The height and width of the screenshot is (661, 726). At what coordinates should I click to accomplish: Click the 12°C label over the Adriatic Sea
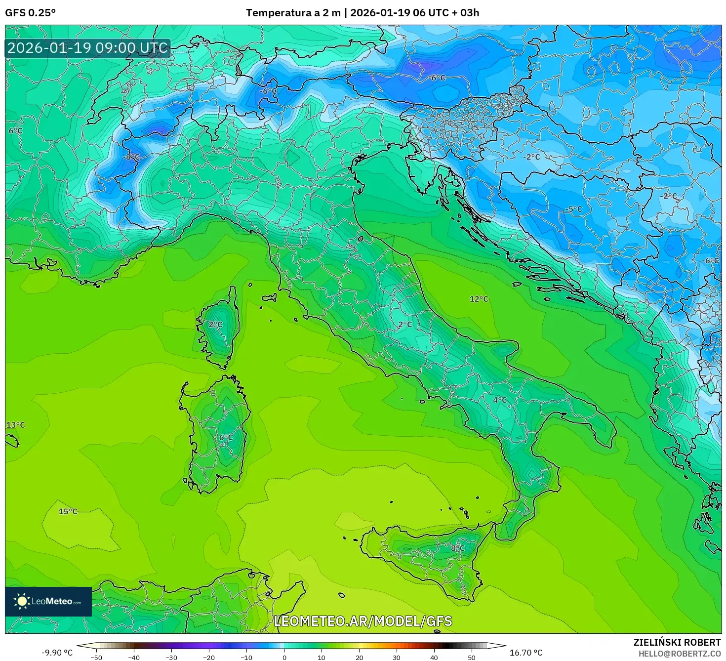479,299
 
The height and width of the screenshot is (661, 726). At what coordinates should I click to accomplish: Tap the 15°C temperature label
68,511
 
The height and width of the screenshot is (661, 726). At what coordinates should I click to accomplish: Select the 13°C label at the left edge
15,425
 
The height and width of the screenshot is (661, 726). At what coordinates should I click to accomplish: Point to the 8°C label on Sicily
457,548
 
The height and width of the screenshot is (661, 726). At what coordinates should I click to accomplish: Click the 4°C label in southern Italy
500,400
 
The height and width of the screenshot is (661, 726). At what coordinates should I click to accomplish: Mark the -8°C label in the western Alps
131,157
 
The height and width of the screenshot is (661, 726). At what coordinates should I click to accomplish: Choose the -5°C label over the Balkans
573,209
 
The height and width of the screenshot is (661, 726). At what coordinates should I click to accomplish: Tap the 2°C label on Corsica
215,325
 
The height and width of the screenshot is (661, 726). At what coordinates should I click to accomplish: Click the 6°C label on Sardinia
226,437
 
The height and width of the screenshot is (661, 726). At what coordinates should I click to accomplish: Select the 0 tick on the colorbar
284,657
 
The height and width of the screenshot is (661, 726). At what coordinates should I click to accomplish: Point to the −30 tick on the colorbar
171,657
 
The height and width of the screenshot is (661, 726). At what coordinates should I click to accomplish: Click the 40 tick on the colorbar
434,657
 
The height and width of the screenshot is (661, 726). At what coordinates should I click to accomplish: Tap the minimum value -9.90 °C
57,653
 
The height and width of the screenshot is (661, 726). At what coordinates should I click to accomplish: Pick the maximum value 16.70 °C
525,653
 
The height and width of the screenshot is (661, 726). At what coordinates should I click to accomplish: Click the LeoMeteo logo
48,601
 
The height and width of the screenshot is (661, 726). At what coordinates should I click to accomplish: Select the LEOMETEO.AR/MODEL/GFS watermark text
363,621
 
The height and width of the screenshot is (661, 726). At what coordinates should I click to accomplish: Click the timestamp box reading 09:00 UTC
88,48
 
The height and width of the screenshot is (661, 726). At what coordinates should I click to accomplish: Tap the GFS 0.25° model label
30,13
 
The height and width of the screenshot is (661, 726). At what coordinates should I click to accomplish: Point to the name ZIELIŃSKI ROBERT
677,642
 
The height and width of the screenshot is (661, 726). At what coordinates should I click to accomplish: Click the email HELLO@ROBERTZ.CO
679,654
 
